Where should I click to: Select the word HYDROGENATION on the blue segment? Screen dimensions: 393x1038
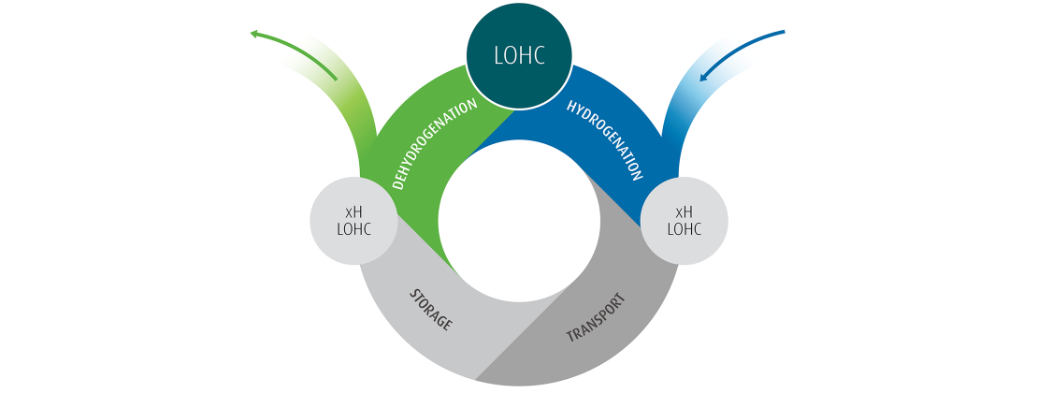point(605,139)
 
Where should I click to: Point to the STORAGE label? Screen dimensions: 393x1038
point(431,310)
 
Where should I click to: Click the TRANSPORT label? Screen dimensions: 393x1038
point(596,319)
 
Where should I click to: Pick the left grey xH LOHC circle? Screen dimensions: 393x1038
point(353,221)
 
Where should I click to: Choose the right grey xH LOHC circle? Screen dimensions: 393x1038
point(684,221)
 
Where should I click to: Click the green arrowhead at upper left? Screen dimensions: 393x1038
point(254,35)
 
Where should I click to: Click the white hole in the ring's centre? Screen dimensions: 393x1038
point(519,221)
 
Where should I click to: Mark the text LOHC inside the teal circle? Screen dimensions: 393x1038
point(519,54)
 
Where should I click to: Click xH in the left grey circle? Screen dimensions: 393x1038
point(353,211)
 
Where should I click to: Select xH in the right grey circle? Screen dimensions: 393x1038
point(684,211)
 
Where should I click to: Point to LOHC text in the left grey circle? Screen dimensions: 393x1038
point(353,230)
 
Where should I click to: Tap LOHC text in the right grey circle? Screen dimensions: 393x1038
point(684,230)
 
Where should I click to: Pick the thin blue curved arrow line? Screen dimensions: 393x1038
point(748,41)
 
